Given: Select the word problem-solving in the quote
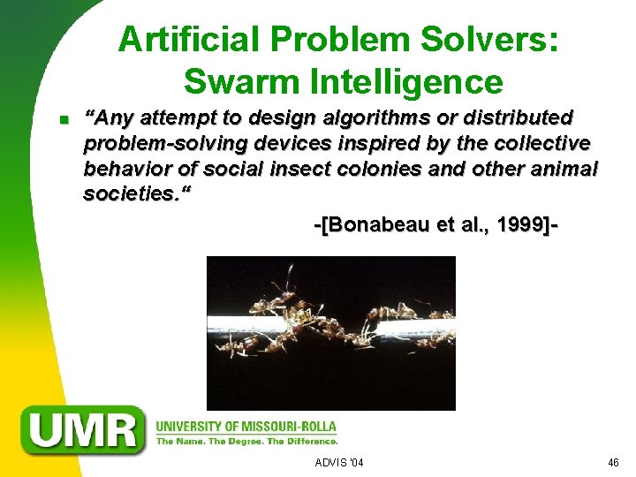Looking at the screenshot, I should [170, 143].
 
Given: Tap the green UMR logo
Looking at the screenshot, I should [84, 430].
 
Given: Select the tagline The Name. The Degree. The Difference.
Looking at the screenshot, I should [246, 441].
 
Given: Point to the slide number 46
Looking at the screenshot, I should [614, 463].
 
